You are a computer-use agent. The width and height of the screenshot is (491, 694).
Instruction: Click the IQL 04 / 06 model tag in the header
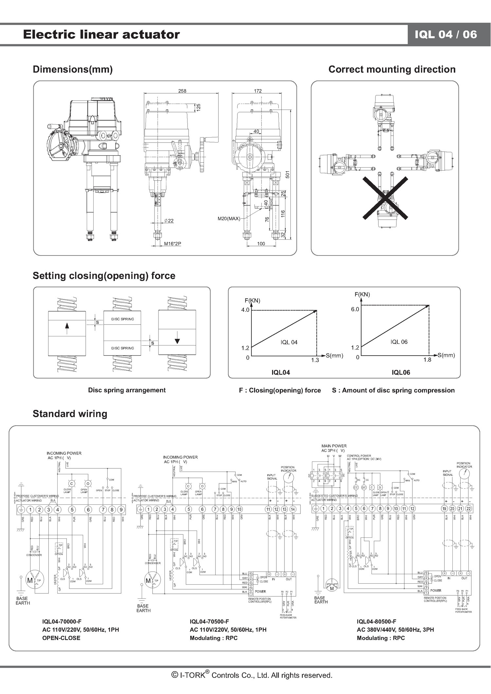click(446, 34)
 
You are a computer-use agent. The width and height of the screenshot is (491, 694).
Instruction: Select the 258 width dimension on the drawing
click(182, 91)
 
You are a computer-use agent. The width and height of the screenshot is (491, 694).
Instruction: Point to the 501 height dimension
click(287, 174)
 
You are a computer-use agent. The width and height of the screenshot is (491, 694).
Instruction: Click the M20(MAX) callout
click(229, 218)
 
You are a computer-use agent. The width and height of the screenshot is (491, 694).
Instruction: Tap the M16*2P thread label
click(173, 244)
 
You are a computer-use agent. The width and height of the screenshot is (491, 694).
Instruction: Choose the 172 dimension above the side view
click(258, 91)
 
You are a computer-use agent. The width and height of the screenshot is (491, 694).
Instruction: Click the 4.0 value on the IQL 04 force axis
click(245, 310)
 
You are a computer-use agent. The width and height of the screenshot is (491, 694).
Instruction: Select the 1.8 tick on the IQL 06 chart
click(427, 360)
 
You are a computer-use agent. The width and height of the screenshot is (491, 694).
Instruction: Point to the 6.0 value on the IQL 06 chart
click(355, 309)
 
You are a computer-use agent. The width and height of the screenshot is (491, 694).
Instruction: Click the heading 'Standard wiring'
click(70, 414)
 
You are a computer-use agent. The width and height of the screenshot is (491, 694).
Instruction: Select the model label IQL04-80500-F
click(376, 621)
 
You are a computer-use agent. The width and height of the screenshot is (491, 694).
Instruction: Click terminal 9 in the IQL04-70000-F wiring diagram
click(121, 510)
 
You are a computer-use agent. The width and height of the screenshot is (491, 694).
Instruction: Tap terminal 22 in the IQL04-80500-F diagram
click(468, 509)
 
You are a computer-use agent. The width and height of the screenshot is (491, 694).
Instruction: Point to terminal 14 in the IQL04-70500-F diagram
click(293, 509)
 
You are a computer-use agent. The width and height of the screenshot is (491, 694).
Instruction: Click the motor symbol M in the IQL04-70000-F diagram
click(30, 580)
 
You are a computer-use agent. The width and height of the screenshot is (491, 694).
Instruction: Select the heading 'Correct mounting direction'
click(392, 69)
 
